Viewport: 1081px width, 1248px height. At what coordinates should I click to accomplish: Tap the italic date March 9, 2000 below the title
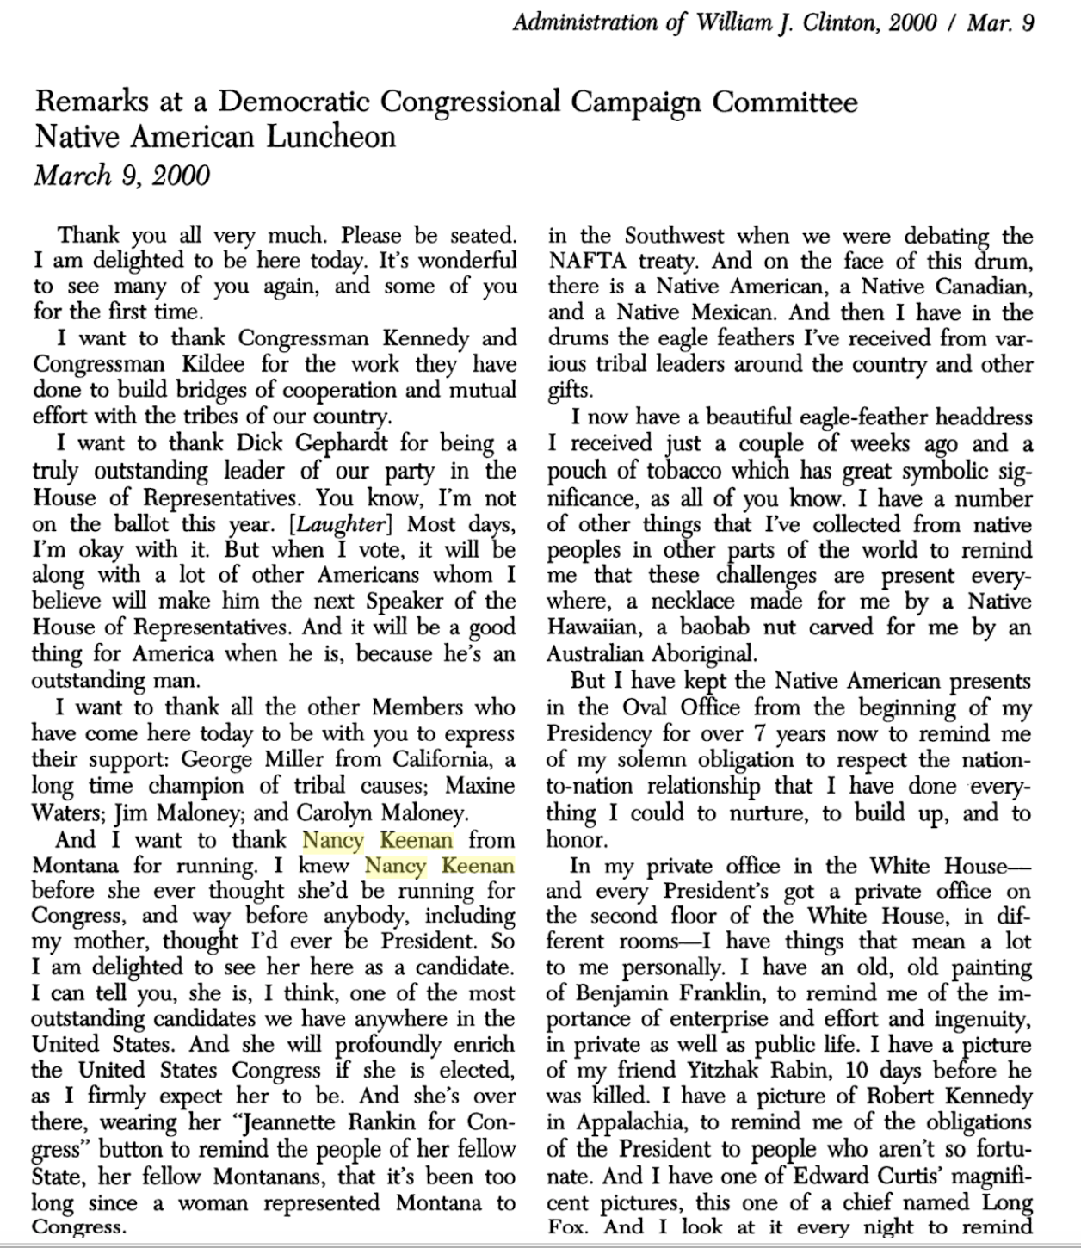click(x=121, y=176)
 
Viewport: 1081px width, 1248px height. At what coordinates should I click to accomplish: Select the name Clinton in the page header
click(x=841, y=22)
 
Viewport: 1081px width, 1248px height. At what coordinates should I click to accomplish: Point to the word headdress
click(x=983, y=418)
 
